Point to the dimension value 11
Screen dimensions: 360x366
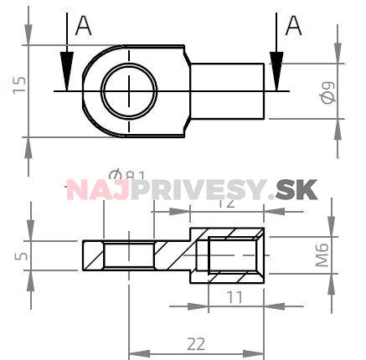(x=234, y=296)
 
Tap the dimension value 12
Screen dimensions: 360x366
(x=224, y=202)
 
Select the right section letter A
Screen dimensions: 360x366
(x=294, y=27)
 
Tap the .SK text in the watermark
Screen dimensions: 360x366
(x=295, y=190)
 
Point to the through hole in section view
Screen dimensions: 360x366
(x=129, y=252)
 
